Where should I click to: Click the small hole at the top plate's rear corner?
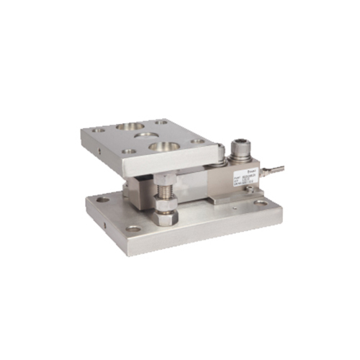click(x=160, y=122)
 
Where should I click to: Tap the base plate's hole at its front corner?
click(x=133, y=229)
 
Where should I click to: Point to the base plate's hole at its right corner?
click(x=261, y=203)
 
